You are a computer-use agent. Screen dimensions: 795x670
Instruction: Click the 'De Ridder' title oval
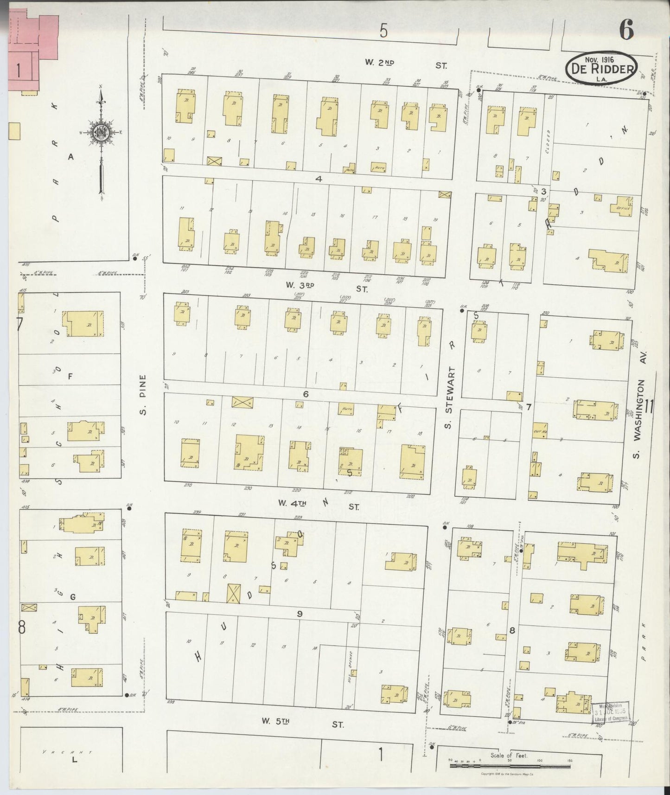coord(601,69)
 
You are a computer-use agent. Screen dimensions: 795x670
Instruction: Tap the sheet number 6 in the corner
coord(625,32)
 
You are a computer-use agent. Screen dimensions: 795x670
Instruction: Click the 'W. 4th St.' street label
coord(319,506)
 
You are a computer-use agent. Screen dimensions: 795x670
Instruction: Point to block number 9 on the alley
coord(300,613)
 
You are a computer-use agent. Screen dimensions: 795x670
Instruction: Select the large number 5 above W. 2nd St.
coord(383,32)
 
